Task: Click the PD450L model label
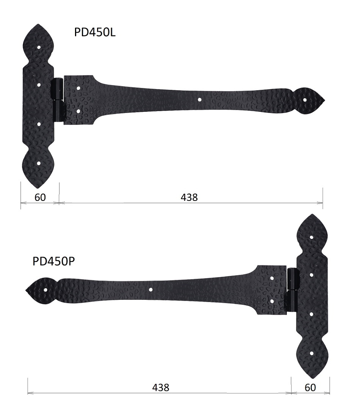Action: tap(95, 33)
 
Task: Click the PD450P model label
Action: tap(53, 261)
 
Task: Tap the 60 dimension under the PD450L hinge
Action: tap(40, 198)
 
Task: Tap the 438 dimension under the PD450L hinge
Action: tap(189, 198)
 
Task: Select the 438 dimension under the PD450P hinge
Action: tap(161, 387)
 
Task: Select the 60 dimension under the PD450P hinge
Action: tap(310, 387)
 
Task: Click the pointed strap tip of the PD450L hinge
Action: tap(325, 100)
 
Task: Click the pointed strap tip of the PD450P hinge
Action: tap(26, 290)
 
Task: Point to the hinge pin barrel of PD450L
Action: tap(59, 100)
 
